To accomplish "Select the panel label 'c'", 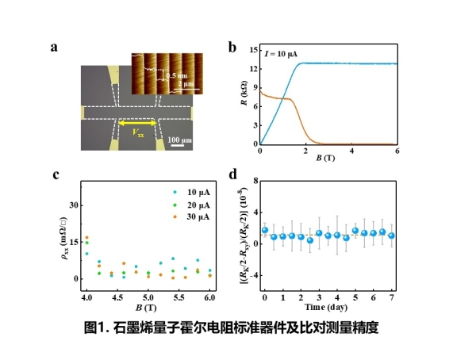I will (54, 175).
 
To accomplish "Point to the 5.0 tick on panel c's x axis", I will (148, 296).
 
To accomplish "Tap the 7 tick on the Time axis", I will (392, 296).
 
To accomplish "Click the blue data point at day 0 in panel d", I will (265, 230).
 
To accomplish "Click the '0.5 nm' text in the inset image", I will (176, 75).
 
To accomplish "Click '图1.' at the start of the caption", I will (97, 326).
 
